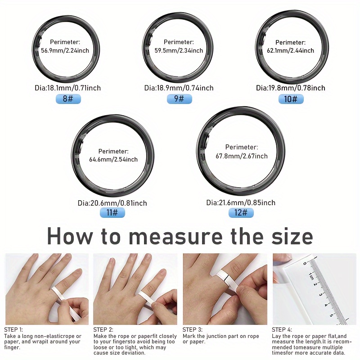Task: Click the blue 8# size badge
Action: tap(68, 99)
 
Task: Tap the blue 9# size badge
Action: tap(179, 99)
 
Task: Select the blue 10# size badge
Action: tap(291, 99)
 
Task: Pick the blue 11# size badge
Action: tap(112, 212)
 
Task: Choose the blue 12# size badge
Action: tap(241, 212)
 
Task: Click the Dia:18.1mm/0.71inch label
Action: tap(68, 88)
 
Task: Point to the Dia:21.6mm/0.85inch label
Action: tap(241, 202)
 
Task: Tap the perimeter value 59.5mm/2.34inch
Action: tap(179, 50)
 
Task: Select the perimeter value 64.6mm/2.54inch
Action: tap(113, 159)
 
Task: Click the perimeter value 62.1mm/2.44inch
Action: tap(290, 50)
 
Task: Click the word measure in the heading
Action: tap(175, 237)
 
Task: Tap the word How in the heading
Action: tap(70, 237)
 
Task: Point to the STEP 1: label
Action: tap(13, 330)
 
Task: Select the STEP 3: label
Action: tap(193, 330)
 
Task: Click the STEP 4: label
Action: tap(282, 330)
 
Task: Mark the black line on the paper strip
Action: tap(226, 277)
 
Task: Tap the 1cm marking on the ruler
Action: tap(310, 275)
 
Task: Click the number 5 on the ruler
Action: tap(331, 315)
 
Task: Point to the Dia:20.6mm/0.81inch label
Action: tap(112, 203)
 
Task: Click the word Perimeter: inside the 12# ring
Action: tap(242, 147)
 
